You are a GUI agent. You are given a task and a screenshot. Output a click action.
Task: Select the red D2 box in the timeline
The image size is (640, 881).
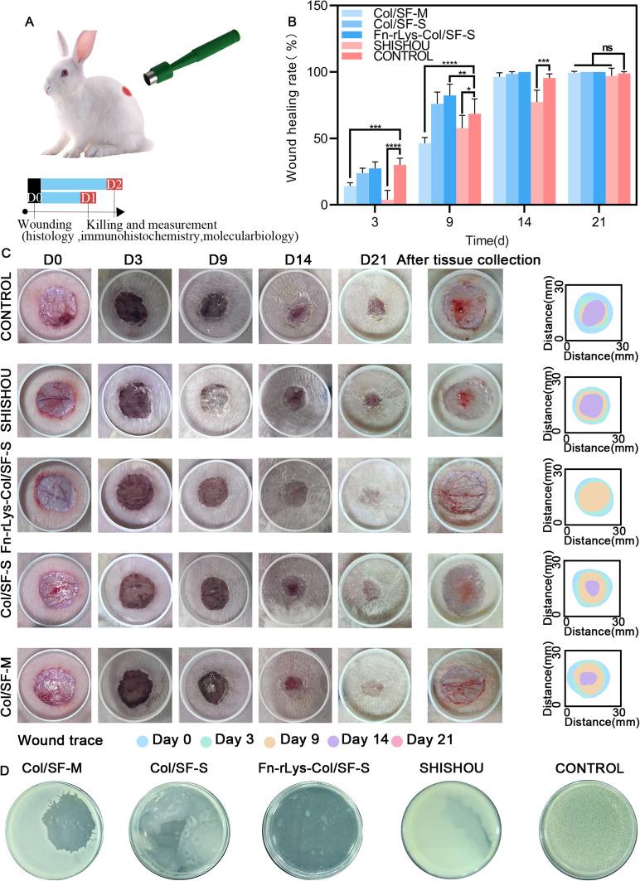[114, 182]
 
